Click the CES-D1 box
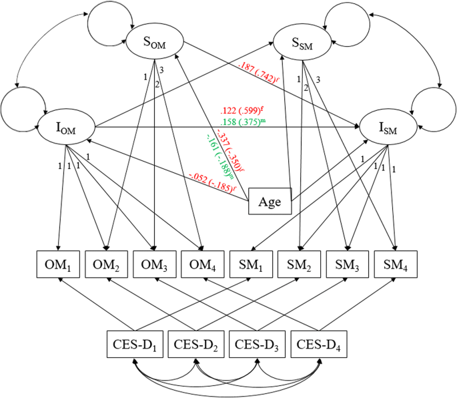tap(133, 344)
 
